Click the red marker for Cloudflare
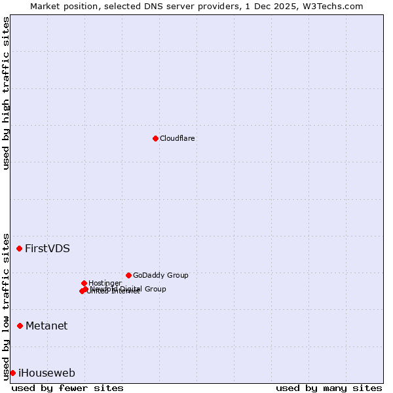point(155,138)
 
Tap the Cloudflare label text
point(178,138)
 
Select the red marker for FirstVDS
point(20,248)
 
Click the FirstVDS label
point(47,249)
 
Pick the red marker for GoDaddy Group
point(128,275)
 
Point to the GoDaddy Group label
point(160,276)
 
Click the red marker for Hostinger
point(84,283)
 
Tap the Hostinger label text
point(105,283)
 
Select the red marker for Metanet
point(20,326)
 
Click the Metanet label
point(47,326)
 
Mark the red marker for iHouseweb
point(12,373)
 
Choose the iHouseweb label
point(47,373)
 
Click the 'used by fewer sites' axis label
point(67,388)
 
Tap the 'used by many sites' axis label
point(329,388)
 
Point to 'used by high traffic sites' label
point(6,93)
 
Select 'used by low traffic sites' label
point(6,306)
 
